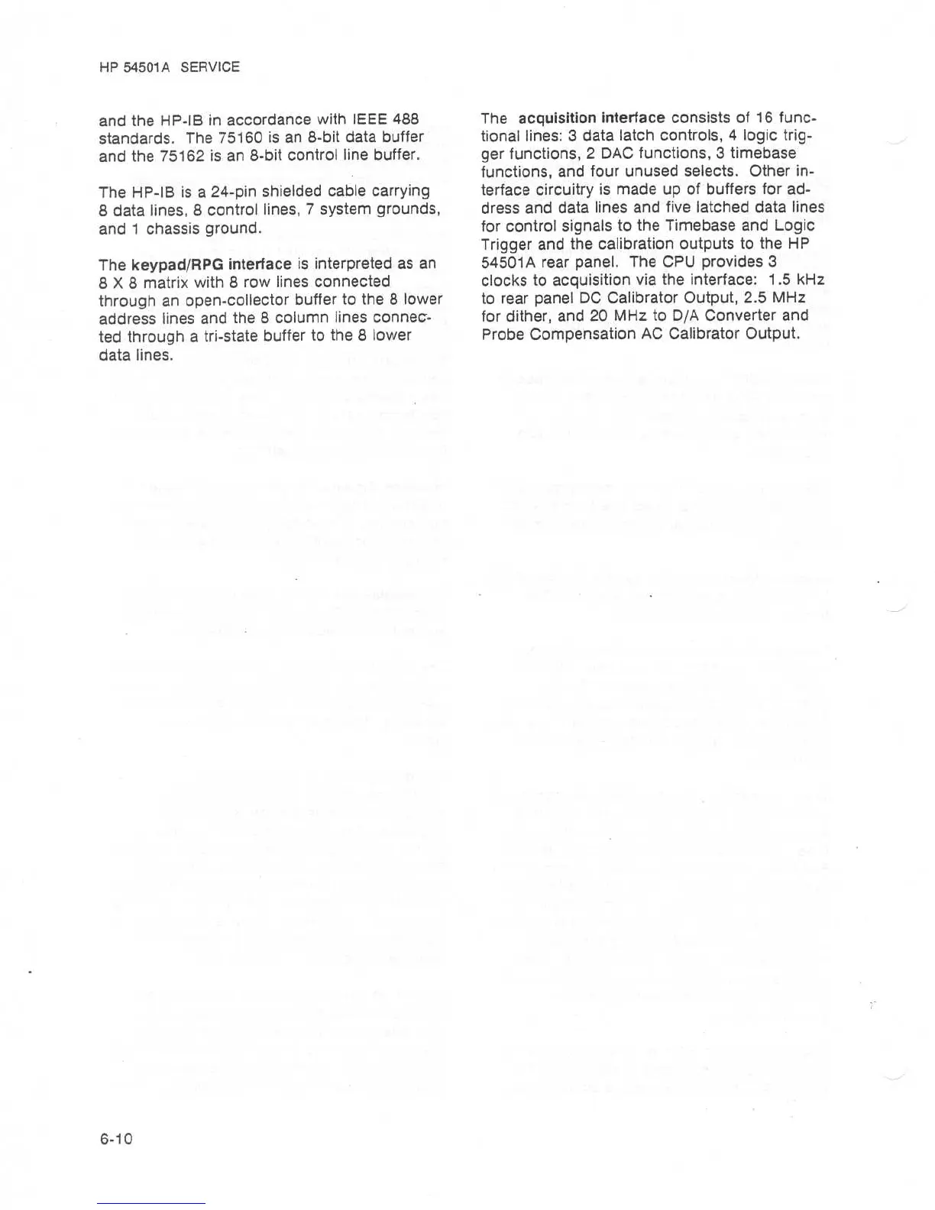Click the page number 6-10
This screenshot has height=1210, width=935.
tap(116, 1138)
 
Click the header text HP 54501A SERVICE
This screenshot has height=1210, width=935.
tap(170, 67)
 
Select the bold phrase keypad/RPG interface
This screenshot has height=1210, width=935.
tap(212, 264)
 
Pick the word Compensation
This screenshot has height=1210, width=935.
tap(581, 334)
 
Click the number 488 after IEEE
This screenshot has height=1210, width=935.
tap(405, 120)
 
